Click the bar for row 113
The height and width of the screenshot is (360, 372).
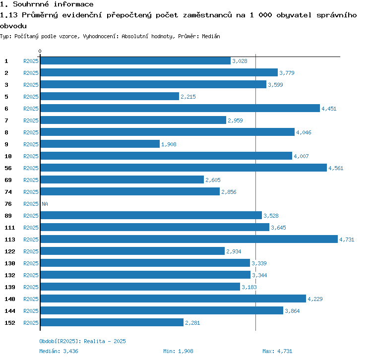(x=188, y=240)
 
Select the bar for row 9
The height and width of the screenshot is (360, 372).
(x=100, y=144)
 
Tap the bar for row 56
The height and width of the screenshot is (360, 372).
(x=184, y=168)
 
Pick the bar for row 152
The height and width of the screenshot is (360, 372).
(x=112, y=323)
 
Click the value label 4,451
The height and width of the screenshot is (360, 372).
(x=329, y=109)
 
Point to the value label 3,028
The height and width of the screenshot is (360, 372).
(x=240, y=61)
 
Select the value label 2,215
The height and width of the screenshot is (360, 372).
(x=188, y=97)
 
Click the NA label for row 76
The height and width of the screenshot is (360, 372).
(x=45, y=204)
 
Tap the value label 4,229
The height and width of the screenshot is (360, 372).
(x=315, y=299)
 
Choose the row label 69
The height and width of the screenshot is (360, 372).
(x=8, y=180)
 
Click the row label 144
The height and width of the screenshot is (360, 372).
(x=10, y=311)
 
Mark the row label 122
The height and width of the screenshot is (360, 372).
(x=10, y=251)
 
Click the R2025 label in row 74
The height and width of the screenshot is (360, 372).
(x=31, y=192)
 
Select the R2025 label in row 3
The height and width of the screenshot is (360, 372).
(x=31, y=85)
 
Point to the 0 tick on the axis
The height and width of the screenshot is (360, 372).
(x=40, y=52)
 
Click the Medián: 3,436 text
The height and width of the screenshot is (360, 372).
(x=58, y=351)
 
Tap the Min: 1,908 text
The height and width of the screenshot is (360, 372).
(x=178, y=351)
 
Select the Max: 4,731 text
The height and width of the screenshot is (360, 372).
(x=278, y=351)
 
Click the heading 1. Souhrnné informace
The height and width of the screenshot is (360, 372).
(x=47, y=4)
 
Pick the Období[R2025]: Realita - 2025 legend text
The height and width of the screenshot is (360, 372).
(x=82, y=341)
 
